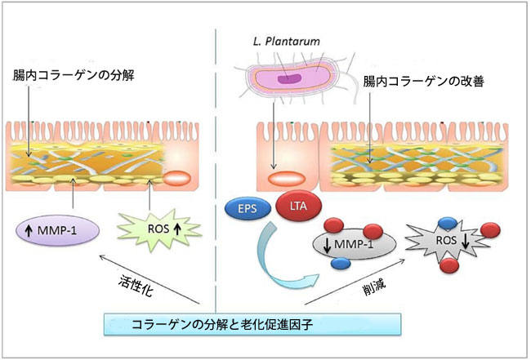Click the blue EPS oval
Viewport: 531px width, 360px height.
click(244, 210)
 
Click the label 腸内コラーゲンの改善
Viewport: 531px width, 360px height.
click(419, 83)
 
